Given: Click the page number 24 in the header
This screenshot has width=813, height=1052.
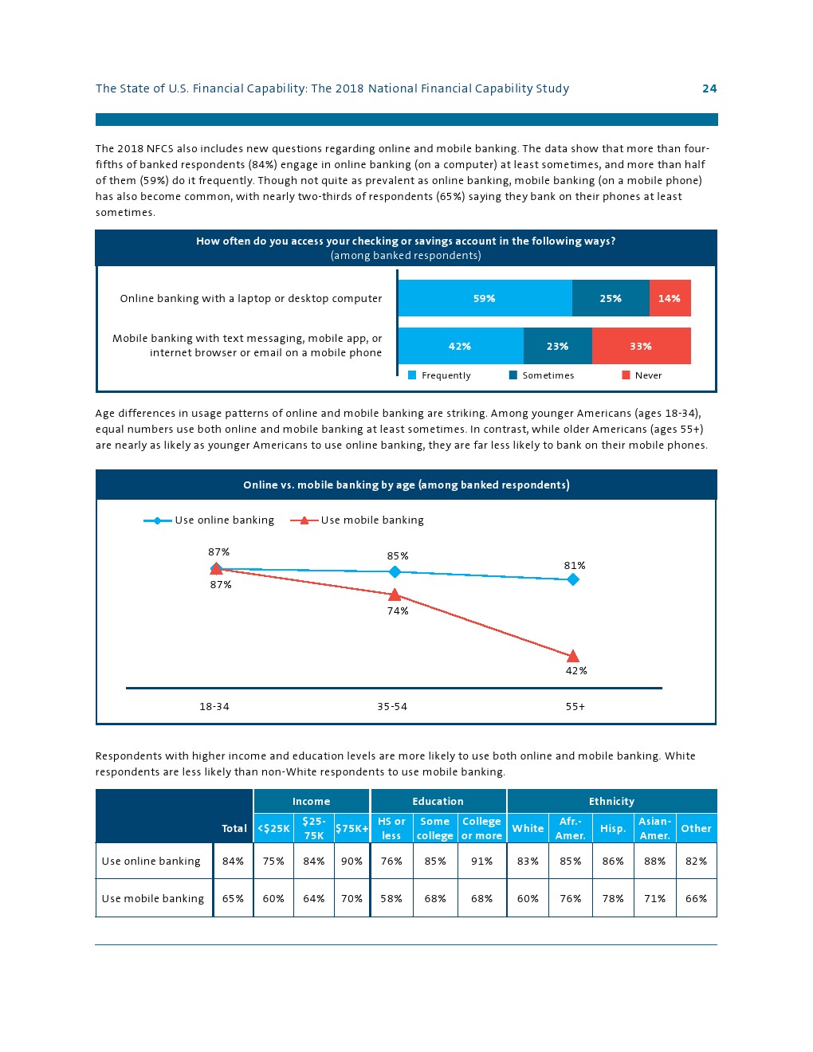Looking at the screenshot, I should coord(709,88).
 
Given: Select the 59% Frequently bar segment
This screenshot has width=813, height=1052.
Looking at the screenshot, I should coord(485,299).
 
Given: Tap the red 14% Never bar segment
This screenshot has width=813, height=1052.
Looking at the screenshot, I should coord(670,299).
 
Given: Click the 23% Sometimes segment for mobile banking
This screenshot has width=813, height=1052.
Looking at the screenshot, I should coord(557,347).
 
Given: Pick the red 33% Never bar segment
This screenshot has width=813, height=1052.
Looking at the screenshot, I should coord(641,347).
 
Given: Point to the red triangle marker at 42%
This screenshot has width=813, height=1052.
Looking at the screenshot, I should coord(573,656).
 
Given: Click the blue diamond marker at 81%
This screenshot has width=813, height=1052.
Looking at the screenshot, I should coord(573,579).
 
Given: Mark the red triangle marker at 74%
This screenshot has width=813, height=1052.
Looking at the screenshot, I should coord(395,595).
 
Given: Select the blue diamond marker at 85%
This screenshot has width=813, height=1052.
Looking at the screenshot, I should coord(395,571).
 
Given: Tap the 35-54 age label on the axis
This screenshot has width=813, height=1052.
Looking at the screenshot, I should coord(392,707).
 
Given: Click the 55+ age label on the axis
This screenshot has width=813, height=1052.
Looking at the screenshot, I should coord(575,707).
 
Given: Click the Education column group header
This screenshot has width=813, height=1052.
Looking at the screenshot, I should coord(438,802).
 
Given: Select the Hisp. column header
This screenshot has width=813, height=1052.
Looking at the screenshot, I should coord(612,829).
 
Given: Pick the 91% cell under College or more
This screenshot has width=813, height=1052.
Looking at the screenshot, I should coord(481,862).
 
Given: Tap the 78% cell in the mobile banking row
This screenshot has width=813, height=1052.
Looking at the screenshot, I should coord(612,899).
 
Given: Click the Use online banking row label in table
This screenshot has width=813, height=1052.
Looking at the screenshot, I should coord(151,862).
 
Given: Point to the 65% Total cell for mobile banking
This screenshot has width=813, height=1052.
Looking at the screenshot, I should coord(233,899).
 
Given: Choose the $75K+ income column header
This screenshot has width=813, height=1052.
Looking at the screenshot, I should coord(352,829).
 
